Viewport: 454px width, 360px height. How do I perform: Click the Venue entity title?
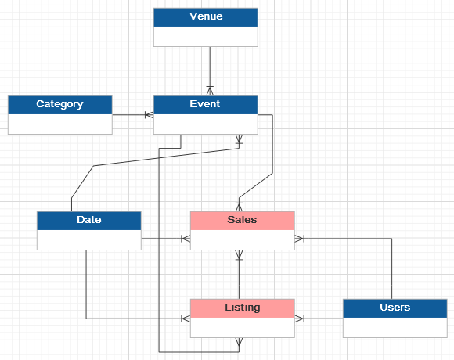pyautogui.click(x=206, y=16)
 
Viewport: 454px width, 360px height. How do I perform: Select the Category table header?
pyautogui.click(x=59, y=104)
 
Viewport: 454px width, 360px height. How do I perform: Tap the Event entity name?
pyautogui.click(x=206, y=104)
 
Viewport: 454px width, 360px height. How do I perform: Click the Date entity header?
pyautogui.click(x=89, y=220)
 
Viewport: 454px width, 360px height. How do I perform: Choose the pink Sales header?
pyautogui.click(x=243, y=220)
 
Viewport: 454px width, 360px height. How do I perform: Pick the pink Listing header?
pyautogui.click(x=243, y=308)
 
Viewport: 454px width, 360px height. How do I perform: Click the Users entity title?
pyautogui.click(x=395, y=308)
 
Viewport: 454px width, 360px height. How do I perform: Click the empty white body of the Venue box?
pyautogui.click(x=206, y=36)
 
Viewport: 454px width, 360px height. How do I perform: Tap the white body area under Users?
pyautogui.click(x=395, y=327)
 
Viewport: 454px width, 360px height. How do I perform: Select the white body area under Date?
pyautogui.click(x=89, y=239)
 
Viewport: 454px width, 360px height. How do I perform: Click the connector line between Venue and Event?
pyautogui.click(x=210, y=67)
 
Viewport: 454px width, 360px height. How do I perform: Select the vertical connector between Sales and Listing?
pyautogui.click(x=240, y=274)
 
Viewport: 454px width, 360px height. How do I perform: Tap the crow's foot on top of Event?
pyautogui.click(x=210, y=90)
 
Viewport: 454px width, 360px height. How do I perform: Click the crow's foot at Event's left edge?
pyautogui.click(x=149, y=115)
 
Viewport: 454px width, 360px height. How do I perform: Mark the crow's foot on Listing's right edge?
pyautogui.click(x=300, y=319)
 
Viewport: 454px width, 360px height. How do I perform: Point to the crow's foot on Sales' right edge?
pyautogui.click(x=300, y=238)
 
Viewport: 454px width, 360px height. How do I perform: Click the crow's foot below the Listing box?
pyautogui.click(x=240, y=343)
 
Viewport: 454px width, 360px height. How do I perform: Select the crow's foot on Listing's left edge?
pyautogui.click(x=186, y=319)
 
